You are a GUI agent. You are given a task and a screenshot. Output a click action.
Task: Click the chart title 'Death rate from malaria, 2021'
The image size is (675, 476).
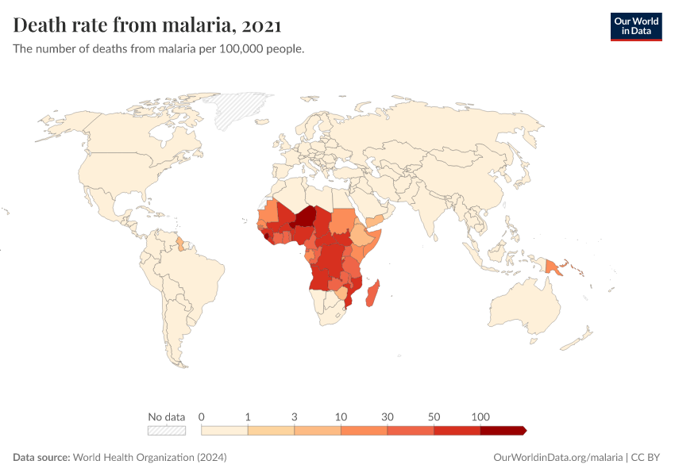coord(148,25)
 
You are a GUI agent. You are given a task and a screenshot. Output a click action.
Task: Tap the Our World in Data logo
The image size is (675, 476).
coord(635,26)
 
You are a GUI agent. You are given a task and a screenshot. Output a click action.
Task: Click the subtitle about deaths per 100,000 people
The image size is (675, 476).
coord(159,48)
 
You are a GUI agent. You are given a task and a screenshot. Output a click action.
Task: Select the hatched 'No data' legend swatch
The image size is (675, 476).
coord(166,430)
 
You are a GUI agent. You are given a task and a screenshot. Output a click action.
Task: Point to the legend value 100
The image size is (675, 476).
coord(480,416)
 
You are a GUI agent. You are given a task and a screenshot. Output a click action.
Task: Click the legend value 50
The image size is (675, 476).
coord(434,416)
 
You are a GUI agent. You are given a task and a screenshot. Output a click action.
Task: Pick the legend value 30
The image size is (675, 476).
coord(388,416)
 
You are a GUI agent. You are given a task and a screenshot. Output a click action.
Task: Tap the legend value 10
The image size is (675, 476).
coord(341,416)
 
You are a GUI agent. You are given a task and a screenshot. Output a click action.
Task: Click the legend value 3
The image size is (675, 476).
coord(295,416)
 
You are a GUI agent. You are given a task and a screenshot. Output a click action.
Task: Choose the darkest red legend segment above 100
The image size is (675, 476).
coord(502,430)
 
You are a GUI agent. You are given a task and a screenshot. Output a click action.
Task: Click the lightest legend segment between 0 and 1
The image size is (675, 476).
coord(225,430)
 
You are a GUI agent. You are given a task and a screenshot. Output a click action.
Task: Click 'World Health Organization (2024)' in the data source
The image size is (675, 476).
coord(150,458)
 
